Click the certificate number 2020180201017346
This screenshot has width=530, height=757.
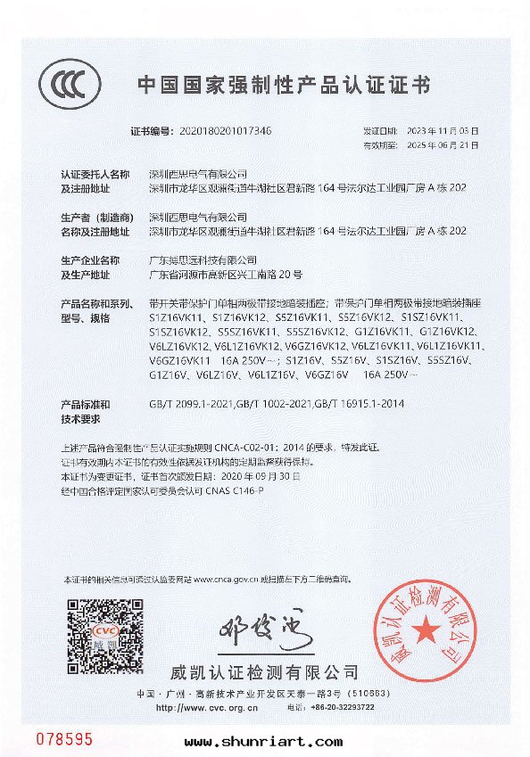click(226, 130)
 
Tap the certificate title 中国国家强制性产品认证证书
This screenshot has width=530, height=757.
click(283, 85)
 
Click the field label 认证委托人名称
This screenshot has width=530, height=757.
click(95, 174)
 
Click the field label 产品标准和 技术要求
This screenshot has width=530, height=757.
click(85, 411)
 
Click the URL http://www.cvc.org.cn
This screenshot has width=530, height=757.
click(206, 707)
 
